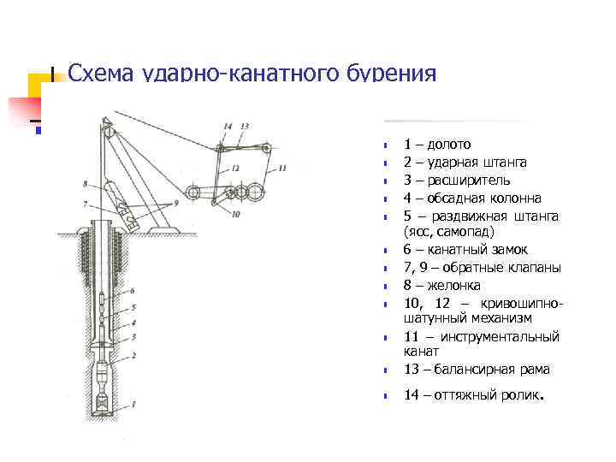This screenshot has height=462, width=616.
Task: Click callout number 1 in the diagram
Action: [x=134, y=403]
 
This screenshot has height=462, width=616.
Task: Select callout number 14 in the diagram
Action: [x=227, y=127]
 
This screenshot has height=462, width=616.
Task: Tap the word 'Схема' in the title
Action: [x=97, y=74]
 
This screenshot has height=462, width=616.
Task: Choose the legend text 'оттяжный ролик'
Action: [x=487, y=394]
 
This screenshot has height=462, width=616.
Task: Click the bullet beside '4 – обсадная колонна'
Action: [x=387, y=198]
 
